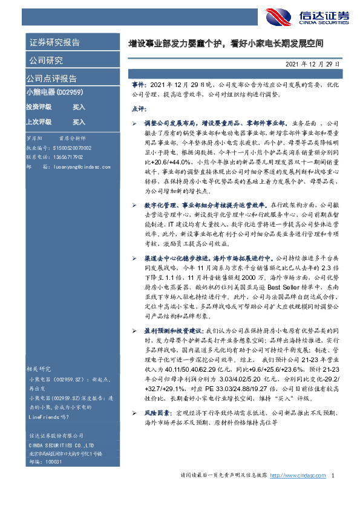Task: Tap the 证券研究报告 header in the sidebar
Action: pos(54,42)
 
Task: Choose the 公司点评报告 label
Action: pos(51,79)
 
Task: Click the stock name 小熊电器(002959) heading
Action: pos(59,91)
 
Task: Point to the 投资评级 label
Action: pos(39,106)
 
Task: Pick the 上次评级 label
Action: pos(39,122)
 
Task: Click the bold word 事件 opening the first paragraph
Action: pos(138,85)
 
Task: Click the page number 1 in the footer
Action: pos(333,476)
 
